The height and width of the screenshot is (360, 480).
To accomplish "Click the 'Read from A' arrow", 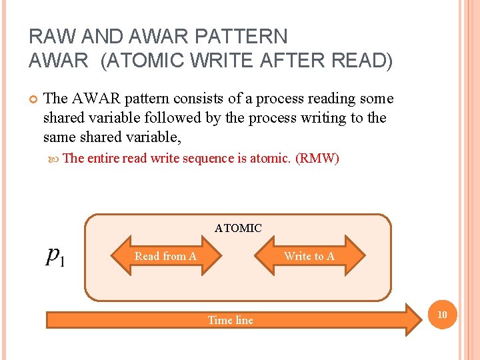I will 165,256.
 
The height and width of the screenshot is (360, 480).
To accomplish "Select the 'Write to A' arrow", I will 309,256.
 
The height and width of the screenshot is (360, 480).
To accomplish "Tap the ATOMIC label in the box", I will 238,228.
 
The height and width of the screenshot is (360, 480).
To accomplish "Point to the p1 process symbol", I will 55,256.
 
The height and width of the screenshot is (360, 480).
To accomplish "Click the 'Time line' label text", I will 230,320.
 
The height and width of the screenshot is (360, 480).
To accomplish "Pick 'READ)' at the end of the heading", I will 361,61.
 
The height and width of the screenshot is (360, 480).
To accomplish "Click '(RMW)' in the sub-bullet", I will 317,158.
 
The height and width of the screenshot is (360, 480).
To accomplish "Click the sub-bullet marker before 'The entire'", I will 53,159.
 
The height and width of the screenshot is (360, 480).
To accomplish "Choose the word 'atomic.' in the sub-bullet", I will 270,158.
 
